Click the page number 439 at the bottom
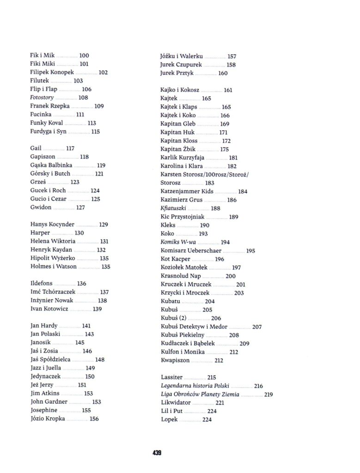(156, 453)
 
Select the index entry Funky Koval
(46, 123)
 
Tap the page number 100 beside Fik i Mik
(84, 55)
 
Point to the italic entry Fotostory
(42, 97)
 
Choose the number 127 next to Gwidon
(80, 207)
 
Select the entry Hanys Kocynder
(52, 224)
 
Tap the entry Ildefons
(42, 283)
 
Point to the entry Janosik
(41, 342)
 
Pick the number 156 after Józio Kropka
(94, 418)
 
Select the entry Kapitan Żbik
(178, 149)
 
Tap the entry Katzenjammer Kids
(187, 191)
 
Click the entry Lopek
(169, 419)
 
